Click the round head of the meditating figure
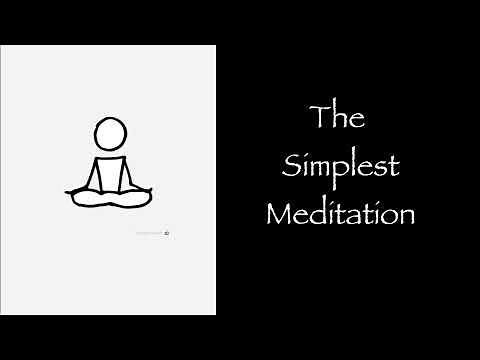pyautogui.click(x=111, y=133)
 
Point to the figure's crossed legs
pyautogui.click(x=111, y=197)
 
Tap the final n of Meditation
pyautogui.click(x=404, y=215)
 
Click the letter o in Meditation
pyautogui.click(x=390, y=215)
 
